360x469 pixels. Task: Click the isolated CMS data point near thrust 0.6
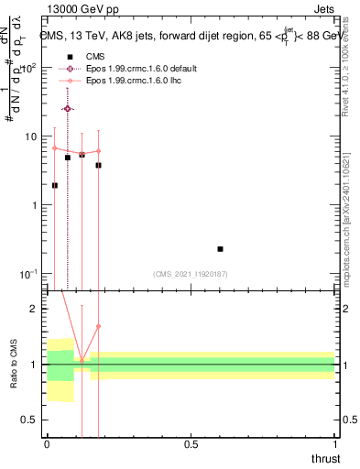220,248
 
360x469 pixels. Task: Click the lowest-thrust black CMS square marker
54,185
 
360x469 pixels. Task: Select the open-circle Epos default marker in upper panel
68,108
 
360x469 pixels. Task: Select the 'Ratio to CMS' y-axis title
15,366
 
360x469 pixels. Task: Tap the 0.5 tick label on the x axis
191,444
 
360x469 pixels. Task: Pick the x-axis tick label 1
334,444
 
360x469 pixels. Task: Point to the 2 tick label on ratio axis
33,309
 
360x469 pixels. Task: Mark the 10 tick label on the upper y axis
30,136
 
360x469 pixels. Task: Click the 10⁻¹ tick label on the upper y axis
28,274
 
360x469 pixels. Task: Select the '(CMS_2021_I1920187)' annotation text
191,272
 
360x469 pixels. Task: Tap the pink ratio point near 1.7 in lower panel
98,326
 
